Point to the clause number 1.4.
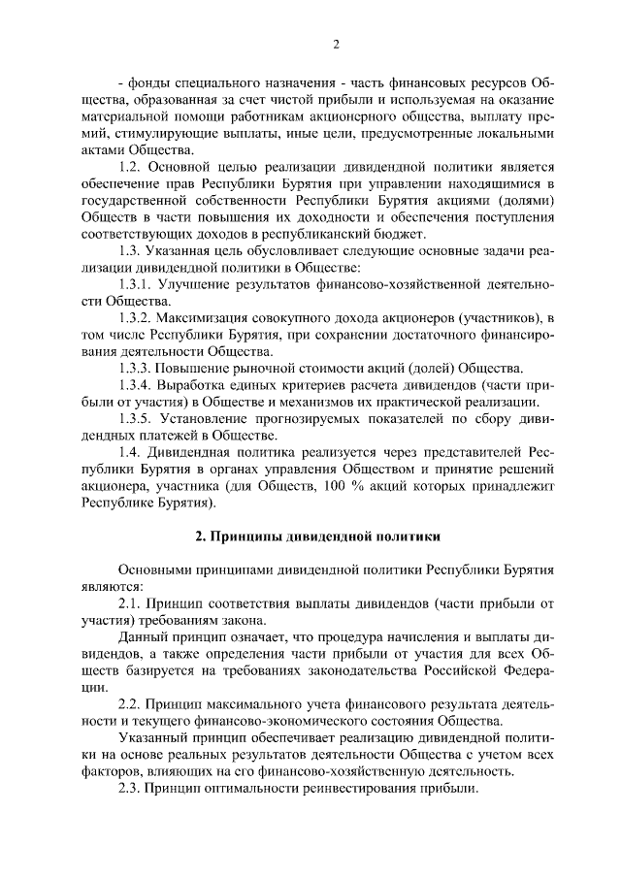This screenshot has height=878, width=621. (x=132, y=453)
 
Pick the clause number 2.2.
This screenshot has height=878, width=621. (x=132, y=704)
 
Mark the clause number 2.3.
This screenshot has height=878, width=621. (x=132, y=789)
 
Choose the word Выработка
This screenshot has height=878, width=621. (x=205, y=385)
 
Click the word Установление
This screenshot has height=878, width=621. (x=214, y=419)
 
